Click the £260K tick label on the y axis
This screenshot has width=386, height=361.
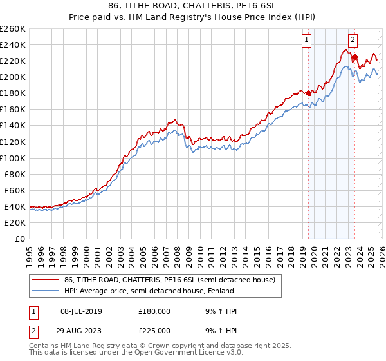click(x=13, y=28)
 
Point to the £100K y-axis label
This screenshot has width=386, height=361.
click(x=13, y=158)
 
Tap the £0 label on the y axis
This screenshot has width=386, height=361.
click(x=21, y=239)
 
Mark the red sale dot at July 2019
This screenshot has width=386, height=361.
click(x=308, y=93)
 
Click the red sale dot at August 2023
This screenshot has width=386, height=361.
click(x=354, y=57)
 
